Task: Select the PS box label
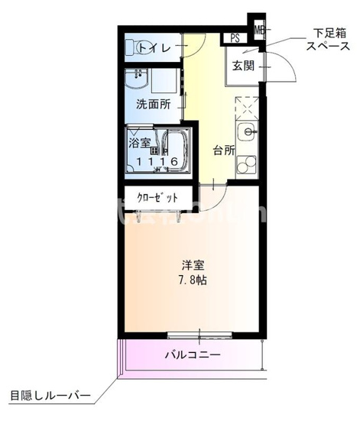tap(234, 38)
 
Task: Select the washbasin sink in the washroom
tap(139, 79)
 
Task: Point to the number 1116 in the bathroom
tap(157, 161)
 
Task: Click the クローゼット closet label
tap(158, 197)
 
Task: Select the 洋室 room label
tap(193, 265)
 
